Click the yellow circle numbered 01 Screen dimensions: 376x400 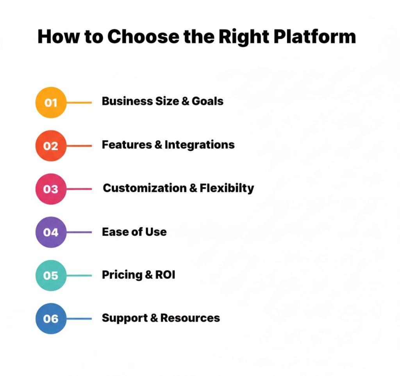coord(51,102)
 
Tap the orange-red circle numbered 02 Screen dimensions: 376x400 coord(51,146)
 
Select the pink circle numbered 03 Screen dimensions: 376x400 coord(51,189)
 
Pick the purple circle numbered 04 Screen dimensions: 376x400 coord(51,232)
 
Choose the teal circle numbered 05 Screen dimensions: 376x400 coord(51,275)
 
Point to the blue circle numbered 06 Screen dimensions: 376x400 coord(51,319)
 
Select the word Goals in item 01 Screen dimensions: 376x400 coord(208,101)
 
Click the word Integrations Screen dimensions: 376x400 coord(200,145)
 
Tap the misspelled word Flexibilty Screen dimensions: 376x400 coord(227,188)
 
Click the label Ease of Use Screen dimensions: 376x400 coord(134,232)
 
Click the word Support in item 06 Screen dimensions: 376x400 coord(124,318)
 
